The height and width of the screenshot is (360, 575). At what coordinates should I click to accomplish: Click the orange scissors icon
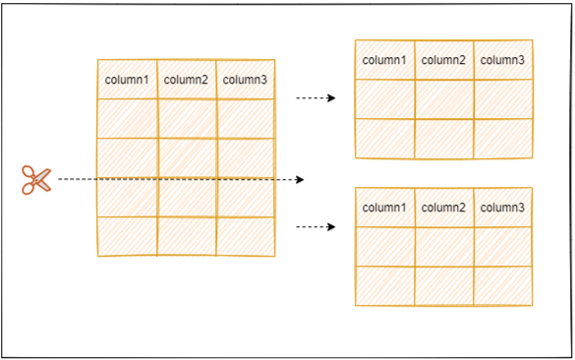pos(36,180)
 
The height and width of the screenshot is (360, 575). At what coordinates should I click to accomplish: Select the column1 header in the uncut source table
pos(127,80)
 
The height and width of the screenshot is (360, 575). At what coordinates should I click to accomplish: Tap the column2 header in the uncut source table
pos(186,80)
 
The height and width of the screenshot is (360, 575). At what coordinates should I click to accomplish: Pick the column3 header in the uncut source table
pos(245,80)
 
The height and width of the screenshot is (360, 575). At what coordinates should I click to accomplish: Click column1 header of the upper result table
pos(384,60)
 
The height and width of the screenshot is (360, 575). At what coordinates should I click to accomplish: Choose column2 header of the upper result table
pos(443,60)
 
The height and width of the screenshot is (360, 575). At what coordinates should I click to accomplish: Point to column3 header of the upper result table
pos(502,60)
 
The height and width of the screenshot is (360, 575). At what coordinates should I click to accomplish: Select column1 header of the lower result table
pos(384,208)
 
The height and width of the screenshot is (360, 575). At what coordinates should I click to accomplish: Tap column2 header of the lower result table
pos(443,208)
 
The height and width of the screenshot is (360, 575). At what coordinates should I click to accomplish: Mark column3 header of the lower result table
pos(502,208)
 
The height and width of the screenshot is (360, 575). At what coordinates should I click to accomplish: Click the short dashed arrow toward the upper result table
pos(316,98)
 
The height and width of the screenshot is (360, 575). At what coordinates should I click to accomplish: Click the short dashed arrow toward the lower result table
pos(316,226)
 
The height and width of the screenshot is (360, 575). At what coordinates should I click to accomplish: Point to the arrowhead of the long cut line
pos(301,180)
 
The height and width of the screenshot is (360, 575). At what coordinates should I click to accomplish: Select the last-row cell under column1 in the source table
pos(127,236)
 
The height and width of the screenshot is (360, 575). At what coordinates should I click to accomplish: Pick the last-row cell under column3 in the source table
pos(245,236)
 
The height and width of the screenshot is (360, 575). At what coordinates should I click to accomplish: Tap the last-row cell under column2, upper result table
pos(443,138)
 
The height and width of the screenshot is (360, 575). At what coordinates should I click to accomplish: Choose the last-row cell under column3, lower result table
pos(502,285)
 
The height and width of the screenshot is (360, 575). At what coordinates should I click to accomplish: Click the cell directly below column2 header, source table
pos(186,118)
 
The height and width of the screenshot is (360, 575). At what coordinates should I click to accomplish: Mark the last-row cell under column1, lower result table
pos(384,285)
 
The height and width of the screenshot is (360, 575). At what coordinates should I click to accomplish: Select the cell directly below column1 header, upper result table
pos(384,98)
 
